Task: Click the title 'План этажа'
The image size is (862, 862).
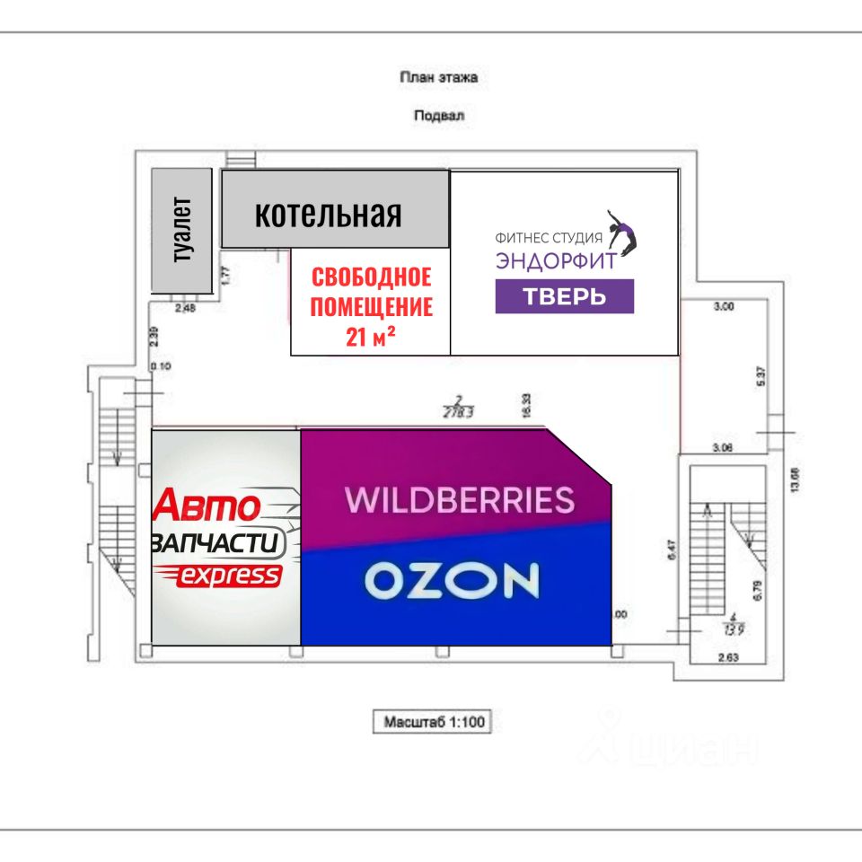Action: (438, 77)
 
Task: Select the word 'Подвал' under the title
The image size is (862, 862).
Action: (438, 115)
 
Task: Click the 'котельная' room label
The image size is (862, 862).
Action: (328, 215)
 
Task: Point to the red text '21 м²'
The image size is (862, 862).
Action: (371, 337)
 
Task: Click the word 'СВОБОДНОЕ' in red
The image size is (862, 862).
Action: (371, 277)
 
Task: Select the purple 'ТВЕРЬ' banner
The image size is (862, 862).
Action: (564, 296)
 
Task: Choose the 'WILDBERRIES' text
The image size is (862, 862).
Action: (460, 499)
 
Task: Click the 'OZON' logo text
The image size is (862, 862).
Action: (452, 582)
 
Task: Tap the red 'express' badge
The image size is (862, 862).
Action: (229, 576)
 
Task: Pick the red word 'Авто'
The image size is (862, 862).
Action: (208, 507)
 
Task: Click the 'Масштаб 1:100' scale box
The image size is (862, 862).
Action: (433, 721)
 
